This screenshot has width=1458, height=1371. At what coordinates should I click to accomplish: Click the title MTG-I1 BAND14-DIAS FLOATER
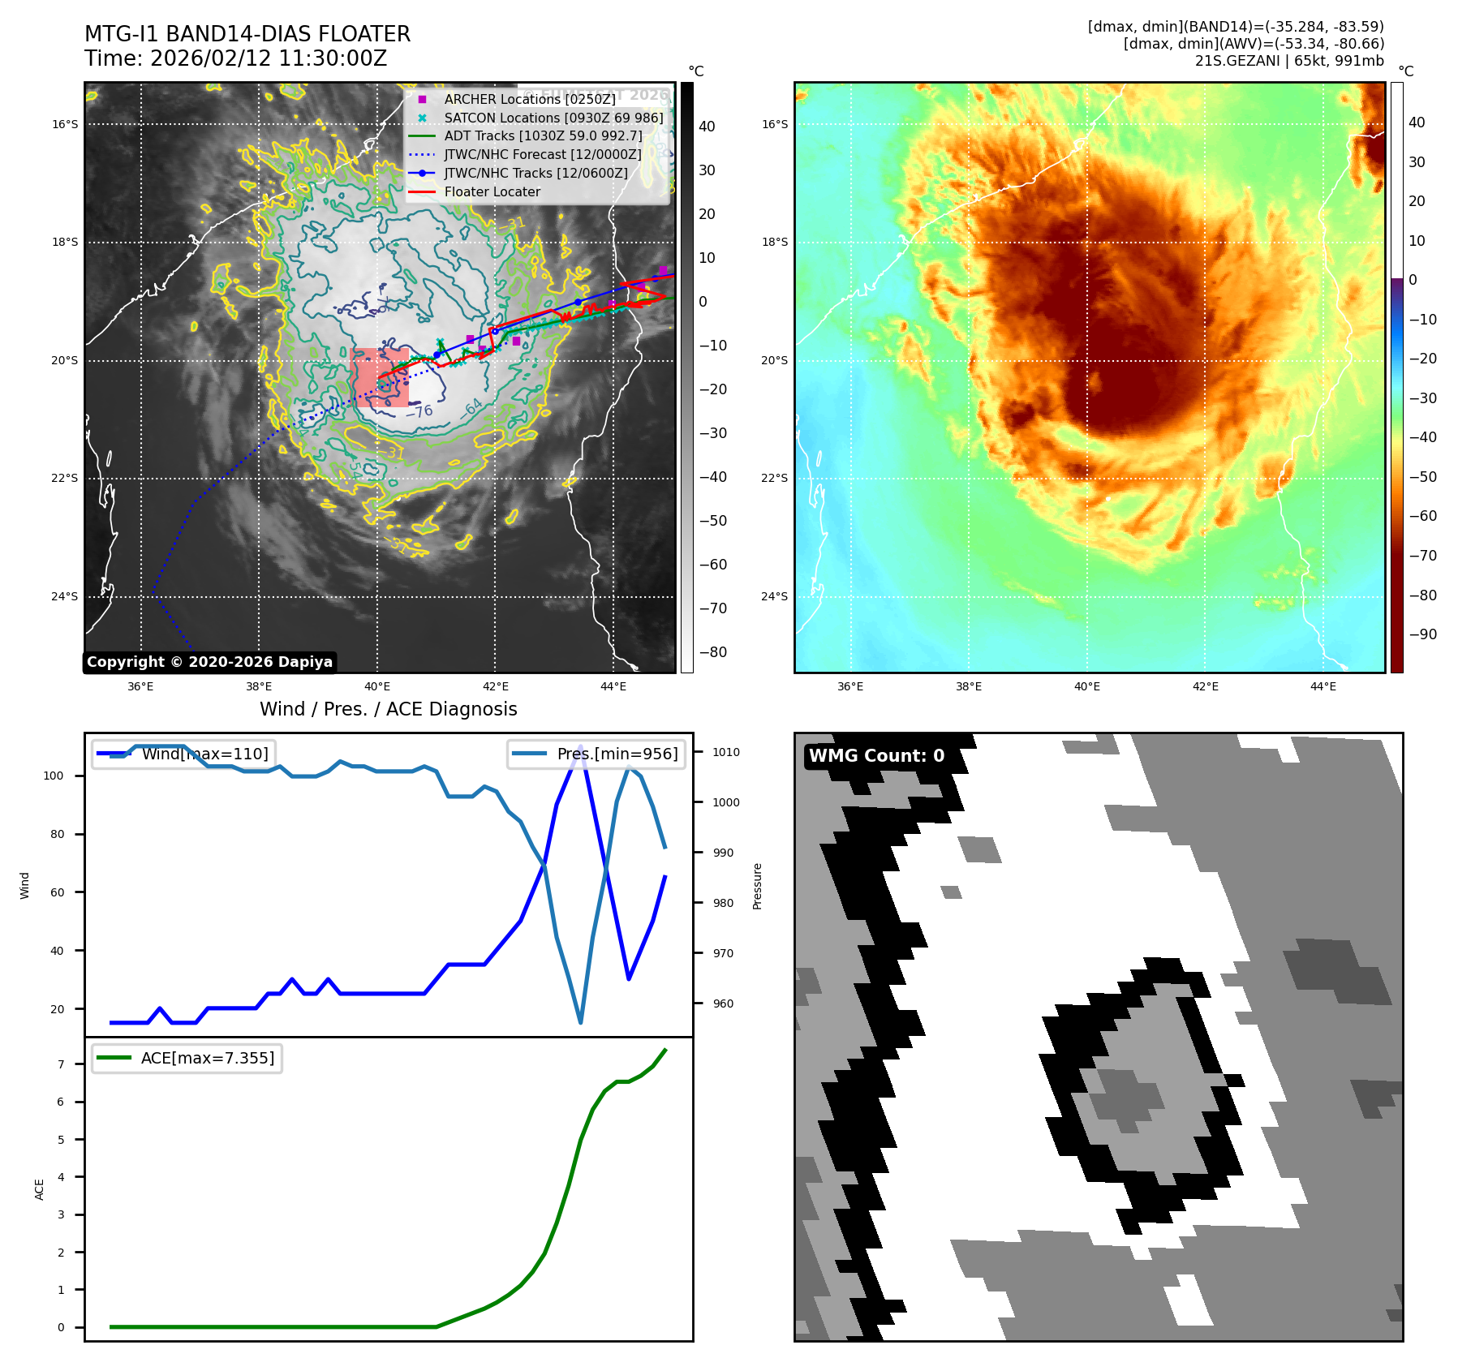coord(247,34)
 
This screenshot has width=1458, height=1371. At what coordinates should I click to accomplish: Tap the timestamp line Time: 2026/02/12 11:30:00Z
coord(235,58)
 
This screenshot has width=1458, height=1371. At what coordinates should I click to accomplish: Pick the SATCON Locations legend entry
coord(553,118)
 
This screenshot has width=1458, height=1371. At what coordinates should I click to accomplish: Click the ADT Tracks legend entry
coord(542,136)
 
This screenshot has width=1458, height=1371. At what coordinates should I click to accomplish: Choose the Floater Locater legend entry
coord(492,192)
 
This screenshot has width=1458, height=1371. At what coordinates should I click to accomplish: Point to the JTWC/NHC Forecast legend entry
coord(542,155)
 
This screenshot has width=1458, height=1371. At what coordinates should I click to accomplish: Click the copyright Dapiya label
coord(209,662)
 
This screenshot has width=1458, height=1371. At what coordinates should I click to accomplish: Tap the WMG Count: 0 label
coord(876,756)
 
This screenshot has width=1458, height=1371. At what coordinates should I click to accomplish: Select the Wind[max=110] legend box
coord(183,754)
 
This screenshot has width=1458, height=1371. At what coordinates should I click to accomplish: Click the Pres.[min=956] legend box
coord(597,754)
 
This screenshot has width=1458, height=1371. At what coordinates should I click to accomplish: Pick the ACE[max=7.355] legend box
coord(187,1058)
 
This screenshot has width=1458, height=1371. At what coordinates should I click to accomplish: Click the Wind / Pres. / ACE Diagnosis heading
coord(388,709)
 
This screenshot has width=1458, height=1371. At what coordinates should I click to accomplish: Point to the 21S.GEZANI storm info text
coord(1288,61)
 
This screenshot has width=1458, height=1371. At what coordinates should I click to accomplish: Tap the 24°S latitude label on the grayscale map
coord(65,596)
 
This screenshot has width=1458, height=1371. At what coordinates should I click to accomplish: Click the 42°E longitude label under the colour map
coord(1205,686)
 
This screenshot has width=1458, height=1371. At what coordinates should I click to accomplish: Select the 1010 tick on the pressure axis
coord(726,752)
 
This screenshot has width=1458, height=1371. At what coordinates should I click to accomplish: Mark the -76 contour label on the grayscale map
coord(419,412)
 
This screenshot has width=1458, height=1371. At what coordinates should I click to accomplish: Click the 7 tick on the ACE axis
coord(61,1064)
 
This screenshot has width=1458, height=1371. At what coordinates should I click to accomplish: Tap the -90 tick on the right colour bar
coord(1422,634)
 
